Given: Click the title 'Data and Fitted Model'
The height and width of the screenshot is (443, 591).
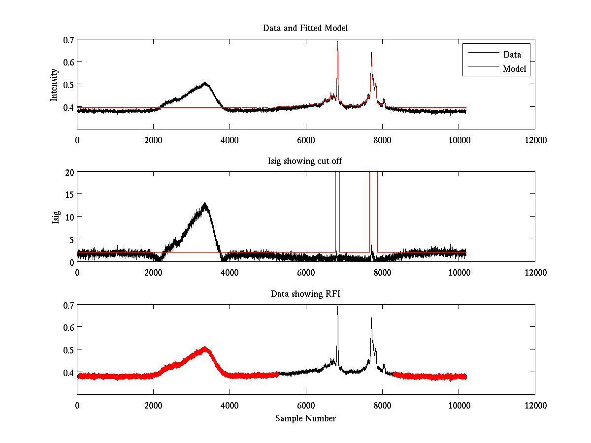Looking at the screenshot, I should (305, 28).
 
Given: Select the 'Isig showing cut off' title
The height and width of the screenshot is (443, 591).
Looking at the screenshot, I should (305, 161).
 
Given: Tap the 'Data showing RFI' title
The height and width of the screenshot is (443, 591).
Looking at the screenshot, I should (305, 294).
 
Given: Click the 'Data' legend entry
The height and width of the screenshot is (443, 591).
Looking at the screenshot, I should (512, 54).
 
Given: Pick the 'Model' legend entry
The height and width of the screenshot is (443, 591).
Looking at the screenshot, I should (515, 69).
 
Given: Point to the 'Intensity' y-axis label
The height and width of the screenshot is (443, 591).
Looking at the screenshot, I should (55, 84).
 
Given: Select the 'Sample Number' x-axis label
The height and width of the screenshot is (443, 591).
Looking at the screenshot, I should (305, 418).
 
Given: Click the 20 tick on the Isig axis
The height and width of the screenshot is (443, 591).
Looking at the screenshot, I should (69, 172).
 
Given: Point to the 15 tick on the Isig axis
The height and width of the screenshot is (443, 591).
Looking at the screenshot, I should (69, 194).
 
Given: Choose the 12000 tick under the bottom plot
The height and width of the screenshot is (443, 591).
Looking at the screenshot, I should (535, 406).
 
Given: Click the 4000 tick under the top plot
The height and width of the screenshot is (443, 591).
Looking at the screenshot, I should (230, 140).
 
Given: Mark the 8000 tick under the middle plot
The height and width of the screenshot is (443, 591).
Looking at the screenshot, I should (382, 273).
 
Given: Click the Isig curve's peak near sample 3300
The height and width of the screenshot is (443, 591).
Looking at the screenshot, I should (204, 203).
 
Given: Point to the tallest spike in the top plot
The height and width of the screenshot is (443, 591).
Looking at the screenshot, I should (337, 42).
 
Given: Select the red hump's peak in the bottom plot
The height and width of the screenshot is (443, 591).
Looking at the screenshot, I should (204, 348).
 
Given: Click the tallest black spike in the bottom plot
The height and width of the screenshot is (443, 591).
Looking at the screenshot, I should (337, 307).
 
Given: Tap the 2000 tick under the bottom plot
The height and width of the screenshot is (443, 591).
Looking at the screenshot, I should (153, 406).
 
